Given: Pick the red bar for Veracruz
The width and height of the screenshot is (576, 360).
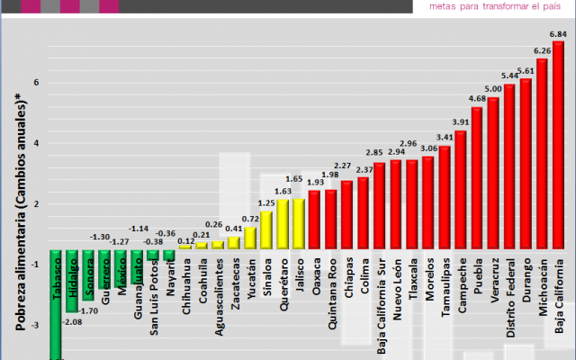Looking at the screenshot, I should pos(492,171).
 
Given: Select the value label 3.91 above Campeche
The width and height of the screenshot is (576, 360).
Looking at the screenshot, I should pos(460,122).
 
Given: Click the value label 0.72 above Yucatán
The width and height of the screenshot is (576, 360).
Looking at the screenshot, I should pos(250,219).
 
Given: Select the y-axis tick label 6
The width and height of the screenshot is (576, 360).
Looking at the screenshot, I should pos(36,83).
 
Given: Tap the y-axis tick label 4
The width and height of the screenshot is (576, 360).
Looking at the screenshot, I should pos(36,143).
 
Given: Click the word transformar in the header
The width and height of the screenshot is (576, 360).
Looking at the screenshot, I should pos(493,8).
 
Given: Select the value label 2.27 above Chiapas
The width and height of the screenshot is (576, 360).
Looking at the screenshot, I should pos(342,166).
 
